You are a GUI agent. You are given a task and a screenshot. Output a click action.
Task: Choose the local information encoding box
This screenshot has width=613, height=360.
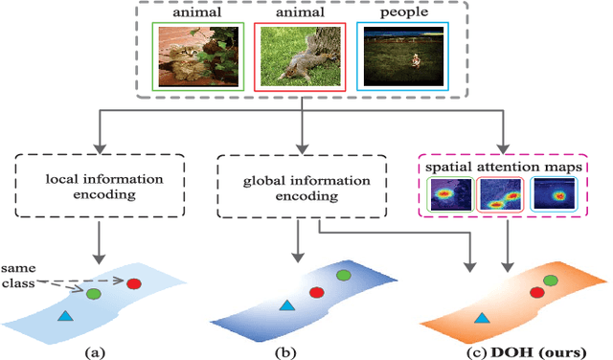(98, 184)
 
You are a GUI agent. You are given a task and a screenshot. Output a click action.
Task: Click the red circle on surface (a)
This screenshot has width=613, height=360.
(134, 283)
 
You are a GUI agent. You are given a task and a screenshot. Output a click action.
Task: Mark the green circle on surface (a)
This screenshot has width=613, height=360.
(94, 294)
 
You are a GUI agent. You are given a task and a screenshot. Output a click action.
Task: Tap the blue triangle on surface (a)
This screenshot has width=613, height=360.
(65, 316)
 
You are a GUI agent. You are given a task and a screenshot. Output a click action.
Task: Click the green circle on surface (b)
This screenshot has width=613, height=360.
(343, 275)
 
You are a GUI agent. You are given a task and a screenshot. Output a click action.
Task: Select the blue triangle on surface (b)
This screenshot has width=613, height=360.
(285, 306)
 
